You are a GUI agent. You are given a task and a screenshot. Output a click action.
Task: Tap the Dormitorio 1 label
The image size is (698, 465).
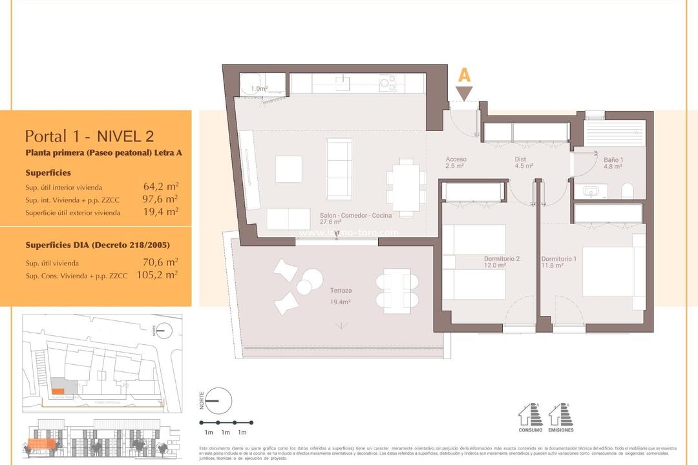point(558,262)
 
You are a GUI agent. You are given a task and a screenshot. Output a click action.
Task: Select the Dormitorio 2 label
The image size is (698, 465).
point(502,262)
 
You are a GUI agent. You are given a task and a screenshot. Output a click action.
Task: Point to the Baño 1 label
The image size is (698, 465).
point(613,163)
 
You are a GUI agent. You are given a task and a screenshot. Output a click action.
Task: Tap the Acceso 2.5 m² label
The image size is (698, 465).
point(456,162)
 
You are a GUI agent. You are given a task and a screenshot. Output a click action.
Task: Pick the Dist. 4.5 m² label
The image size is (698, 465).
point(523,162)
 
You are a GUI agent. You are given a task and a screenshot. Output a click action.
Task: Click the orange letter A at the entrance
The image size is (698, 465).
point(463,76)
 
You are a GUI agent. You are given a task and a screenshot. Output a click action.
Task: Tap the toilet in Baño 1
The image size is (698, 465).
point(626,191)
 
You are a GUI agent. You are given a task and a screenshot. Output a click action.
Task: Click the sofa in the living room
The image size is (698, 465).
point(339,169)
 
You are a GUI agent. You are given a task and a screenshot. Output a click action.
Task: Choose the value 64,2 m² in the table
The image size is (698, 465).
point(160,187)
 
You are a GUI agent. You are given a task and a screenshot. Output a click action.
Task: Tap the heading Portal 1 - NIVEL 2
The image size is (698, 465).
point(89,136)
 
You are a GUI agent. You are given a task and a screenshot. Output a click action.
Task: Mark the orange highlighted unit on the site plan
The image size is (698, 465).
point(58,391)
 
